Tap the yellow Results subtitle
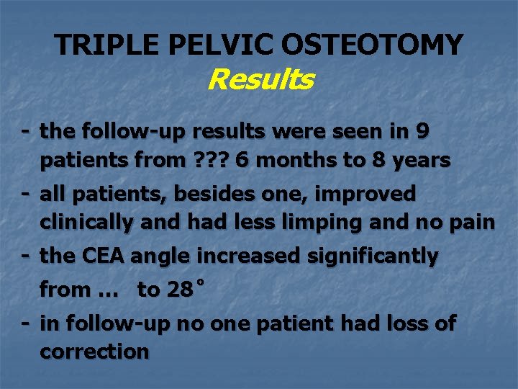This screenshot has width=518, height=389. pos(260,79)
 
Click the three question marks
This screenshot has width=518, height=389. pos(209,161)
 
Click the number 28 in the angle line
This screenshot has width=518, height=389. pos(179,290)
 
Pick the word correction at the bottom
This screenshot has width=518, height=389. pos(94,352)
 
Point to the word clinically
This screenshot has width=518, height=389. pos(86,223)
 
